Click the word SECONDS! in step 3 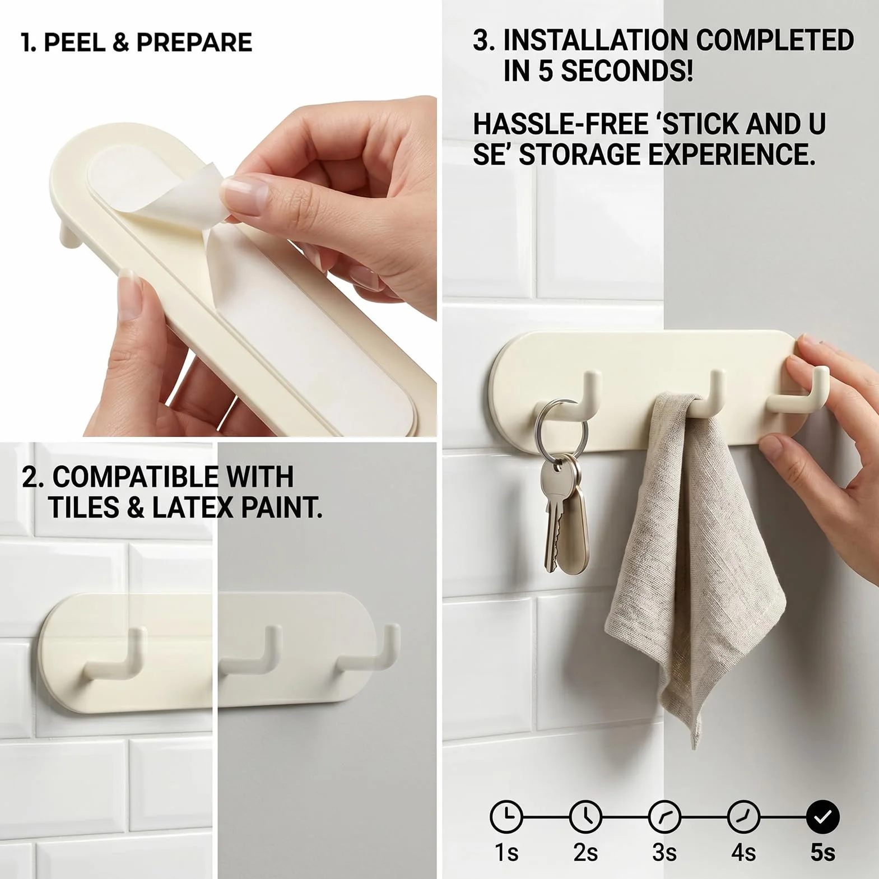[x=627, y=71]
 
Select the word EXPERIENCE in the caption [x=731, y=155]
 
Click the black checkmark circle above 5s [x=822, y=817]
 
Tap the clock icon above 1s [x=506, y=817]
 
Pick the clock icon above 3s [x=664, y=817]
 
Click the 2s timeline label [x=585, y=852]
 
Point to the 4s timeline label [x=743, y=852]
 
